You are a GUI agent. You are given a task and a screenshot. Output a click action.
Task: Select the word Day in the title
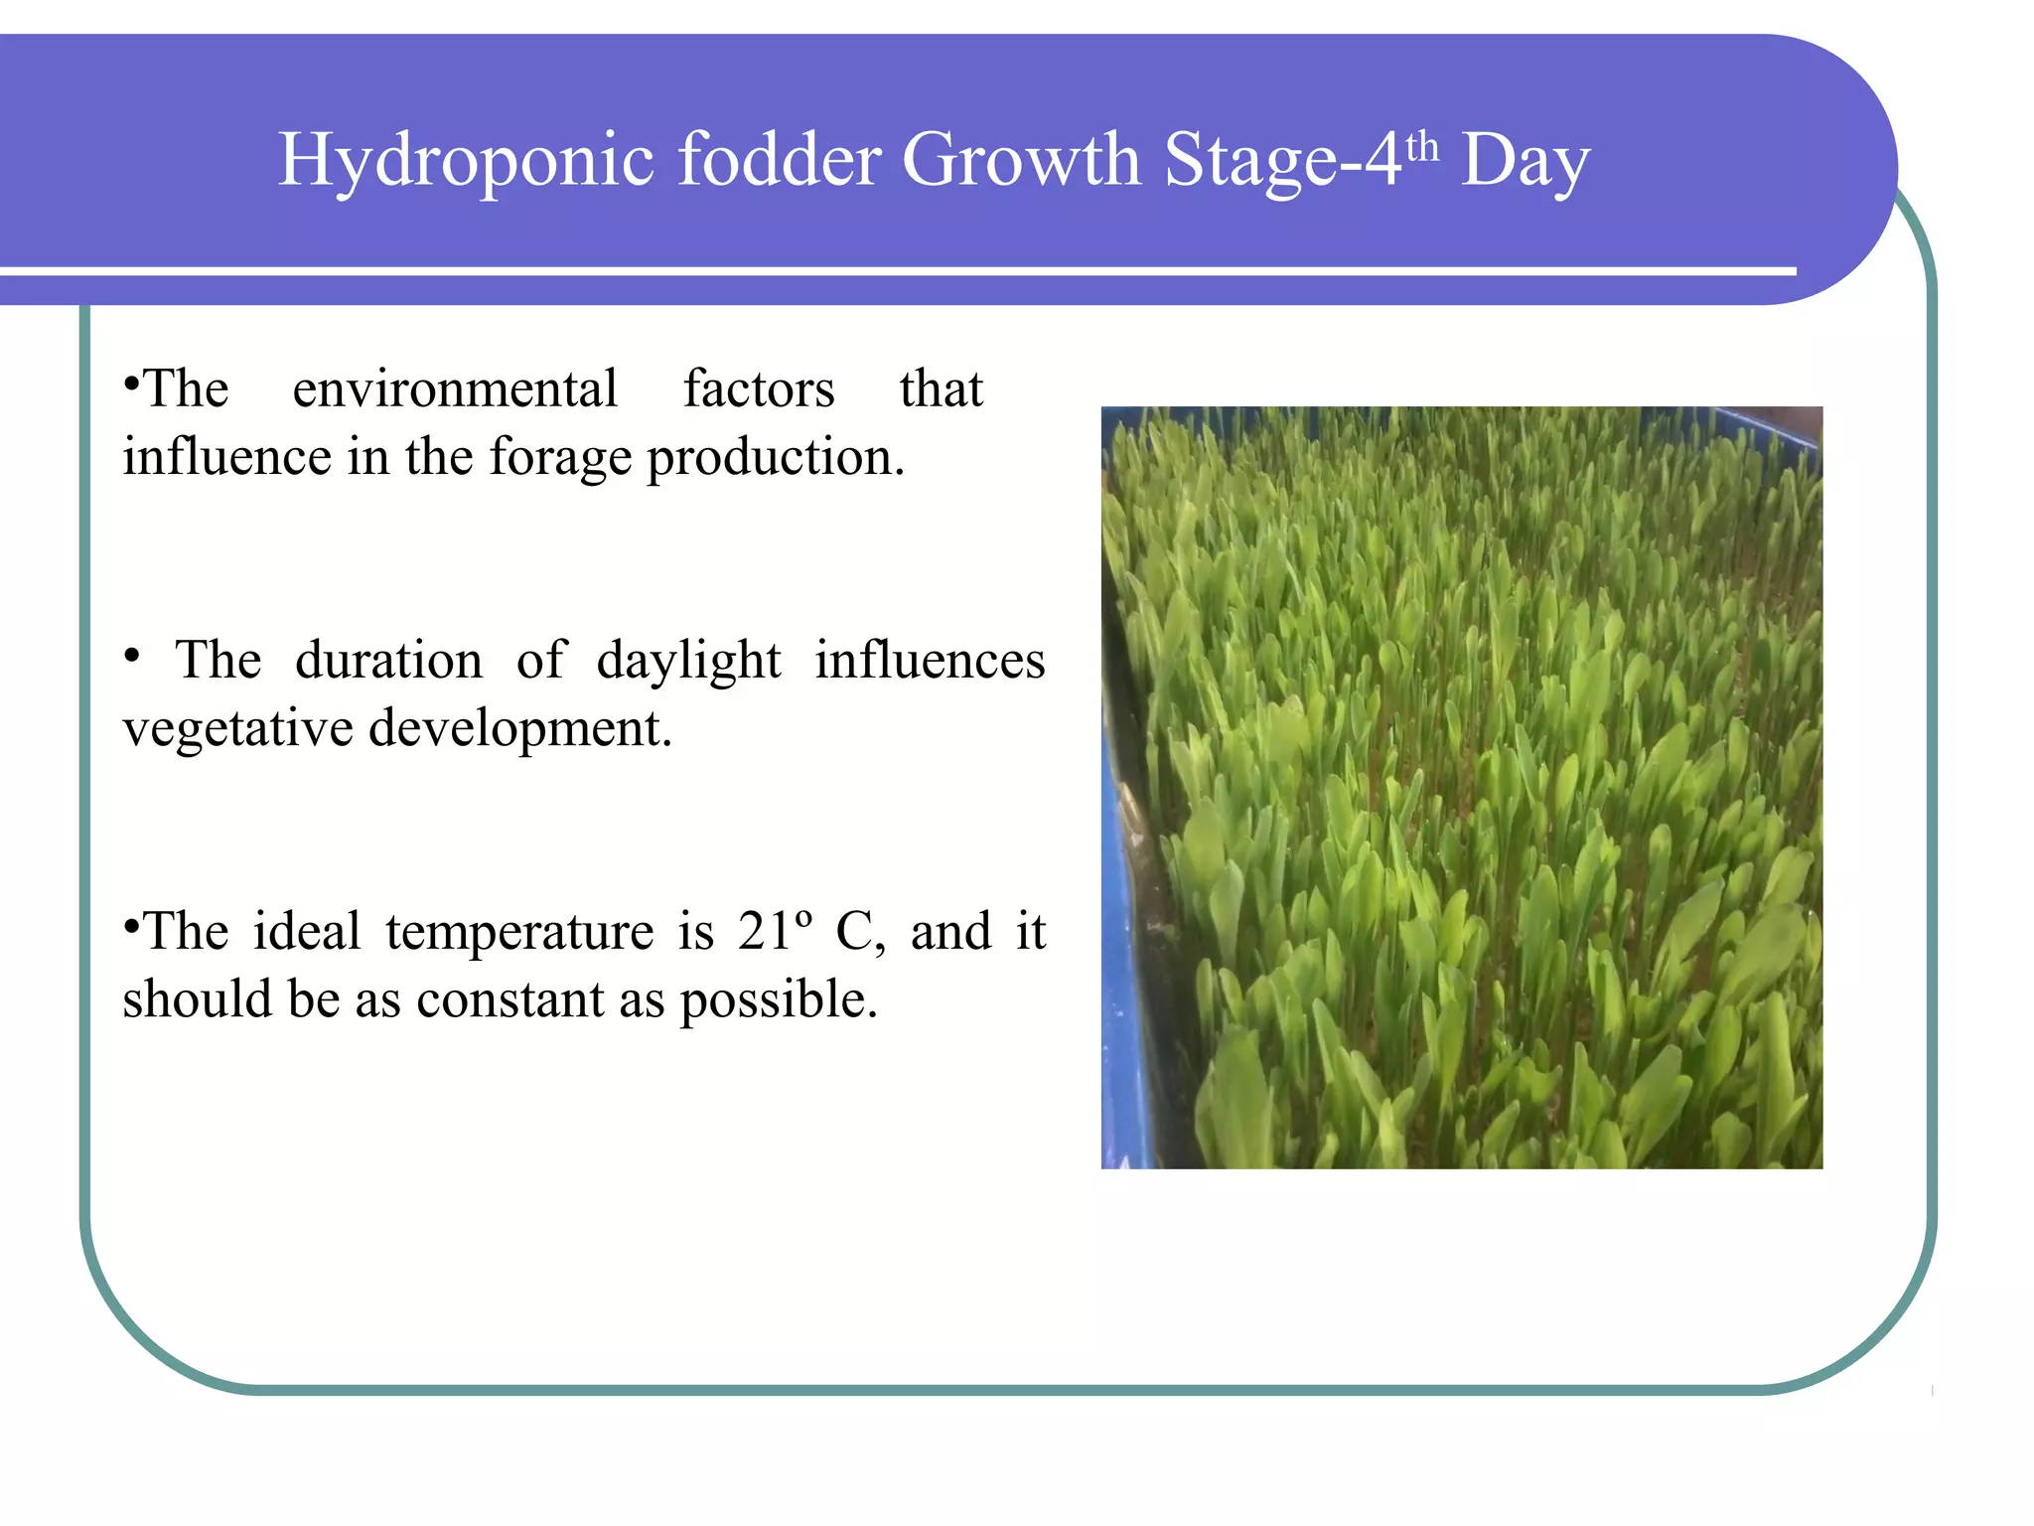[x=1525, y=161]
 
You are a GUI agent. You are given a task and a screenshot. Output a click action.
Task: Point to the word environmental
[x=455, y=388]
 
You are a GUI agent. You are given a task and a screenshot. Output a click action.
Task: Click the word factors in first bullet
[x=759, y=388]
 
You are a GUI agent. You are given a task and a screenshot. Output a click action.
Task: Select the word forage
[x=560, y=458]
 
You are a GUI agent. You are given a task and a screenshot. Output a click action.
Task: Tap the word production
[x=776, y=458]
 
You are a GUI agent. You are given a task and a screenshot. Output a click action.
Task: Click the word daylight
[x=688, y=661]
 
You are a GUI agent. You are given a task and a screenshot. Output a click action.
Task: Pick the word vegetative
[x=237, y=729]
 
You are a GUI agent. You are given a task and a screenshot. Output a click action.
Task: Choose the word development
[x=520, y=729]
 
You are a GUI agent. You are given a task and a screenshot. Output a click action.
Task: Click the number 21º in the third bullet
[x=775, y=932]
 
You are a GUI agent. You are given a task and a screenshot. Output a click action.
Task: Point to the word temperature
[x=519, y=932]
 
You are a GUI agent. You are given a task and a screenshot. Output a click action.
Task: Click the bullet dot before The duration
[x=131, y=657]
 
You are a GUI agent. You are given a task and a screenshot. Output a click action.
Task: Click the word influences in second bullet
[x=930, y=661]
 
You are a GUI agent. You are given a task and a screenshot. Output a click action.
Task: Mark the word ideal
[x=306, y=932]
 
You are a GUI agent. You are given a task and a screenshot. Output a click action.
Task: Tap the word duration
[x=388, y=661]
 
